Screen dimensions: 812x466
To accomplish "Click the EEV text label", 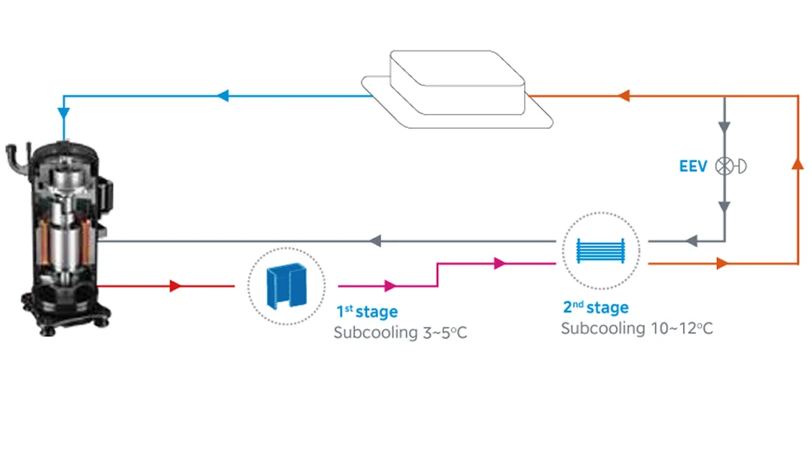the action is click(693, 166).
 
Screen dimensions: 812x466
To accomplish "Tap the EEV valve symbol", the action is click(730, 166).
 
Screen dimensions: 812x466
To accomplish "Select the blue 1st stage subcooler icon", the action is click(286, 286).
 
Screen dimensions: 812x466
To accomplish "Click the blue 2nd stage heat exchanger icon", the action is click(600, 251).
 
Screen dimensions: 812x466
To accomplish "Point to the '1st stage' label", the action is click(367, 311).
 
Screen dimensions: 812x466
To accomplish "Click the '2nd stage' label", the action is click(595, 307).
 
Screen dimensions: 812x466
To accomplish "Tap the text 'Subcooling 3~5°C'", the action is click(400, 332).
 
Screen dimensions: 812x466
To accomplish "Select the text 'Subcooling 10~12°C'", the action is click(637, 328).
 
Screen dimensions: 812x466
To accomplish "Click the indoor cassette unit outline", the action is click(456, 89).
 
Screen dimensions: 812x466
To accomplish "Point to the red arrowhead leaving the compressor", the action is click(175, 286).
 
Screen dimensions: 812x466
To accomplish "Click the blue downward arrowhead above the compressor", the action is click(64, 114).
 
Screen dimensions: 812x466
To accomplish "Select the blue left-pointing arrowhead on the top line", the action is click(223, 96).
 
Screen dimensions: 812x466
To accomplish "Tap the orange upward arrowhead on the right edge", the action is click(798, 164).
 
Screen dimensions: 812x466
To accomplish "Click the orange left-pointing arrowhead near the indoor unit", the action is click(624, 96).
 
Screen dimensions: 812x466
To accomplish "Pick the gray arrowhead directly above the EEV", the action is click(724, 127).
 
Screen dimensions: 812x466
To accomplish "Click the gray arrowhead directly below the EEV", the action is click(724, 207).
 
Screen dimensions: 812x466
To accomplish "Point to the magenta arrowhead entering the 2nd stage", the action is click(499, 264).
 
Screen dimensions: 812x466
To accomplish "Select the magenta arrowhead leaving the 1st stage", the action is click(390, 286).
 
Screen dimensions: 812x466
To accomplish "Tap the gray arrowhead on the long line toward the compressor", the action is click(375, 241).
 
